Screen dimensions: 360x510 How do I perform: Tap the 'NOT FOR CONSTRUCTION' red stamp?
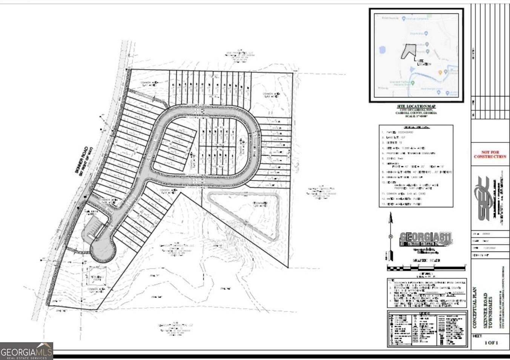(490, 154)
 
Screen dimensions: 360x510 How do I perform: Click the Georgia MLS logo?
(26, 351)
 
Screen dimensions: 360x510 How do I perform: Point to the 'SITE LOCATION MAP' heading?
(416, 106)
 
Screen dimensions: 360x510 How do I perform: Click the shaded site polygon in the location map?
(409, 51)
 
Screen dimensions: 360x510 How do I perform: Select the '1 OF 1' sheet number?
(491, 343)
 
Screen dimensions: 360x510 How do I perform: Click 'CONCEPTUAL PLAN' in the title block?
(475, 308)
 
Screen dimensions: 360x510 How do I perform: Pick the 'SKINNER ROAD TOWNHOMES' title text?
(488, 310)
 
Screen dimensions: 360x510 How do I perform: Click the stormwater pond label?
(260, 204)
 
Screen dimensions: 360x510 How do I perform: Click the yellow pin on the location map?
(440, 72)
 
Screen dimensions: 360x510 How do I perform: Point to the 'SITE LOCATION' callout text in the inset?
(423, 62)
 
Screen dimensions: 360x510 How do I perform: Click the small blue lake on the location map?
(382, 50)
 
